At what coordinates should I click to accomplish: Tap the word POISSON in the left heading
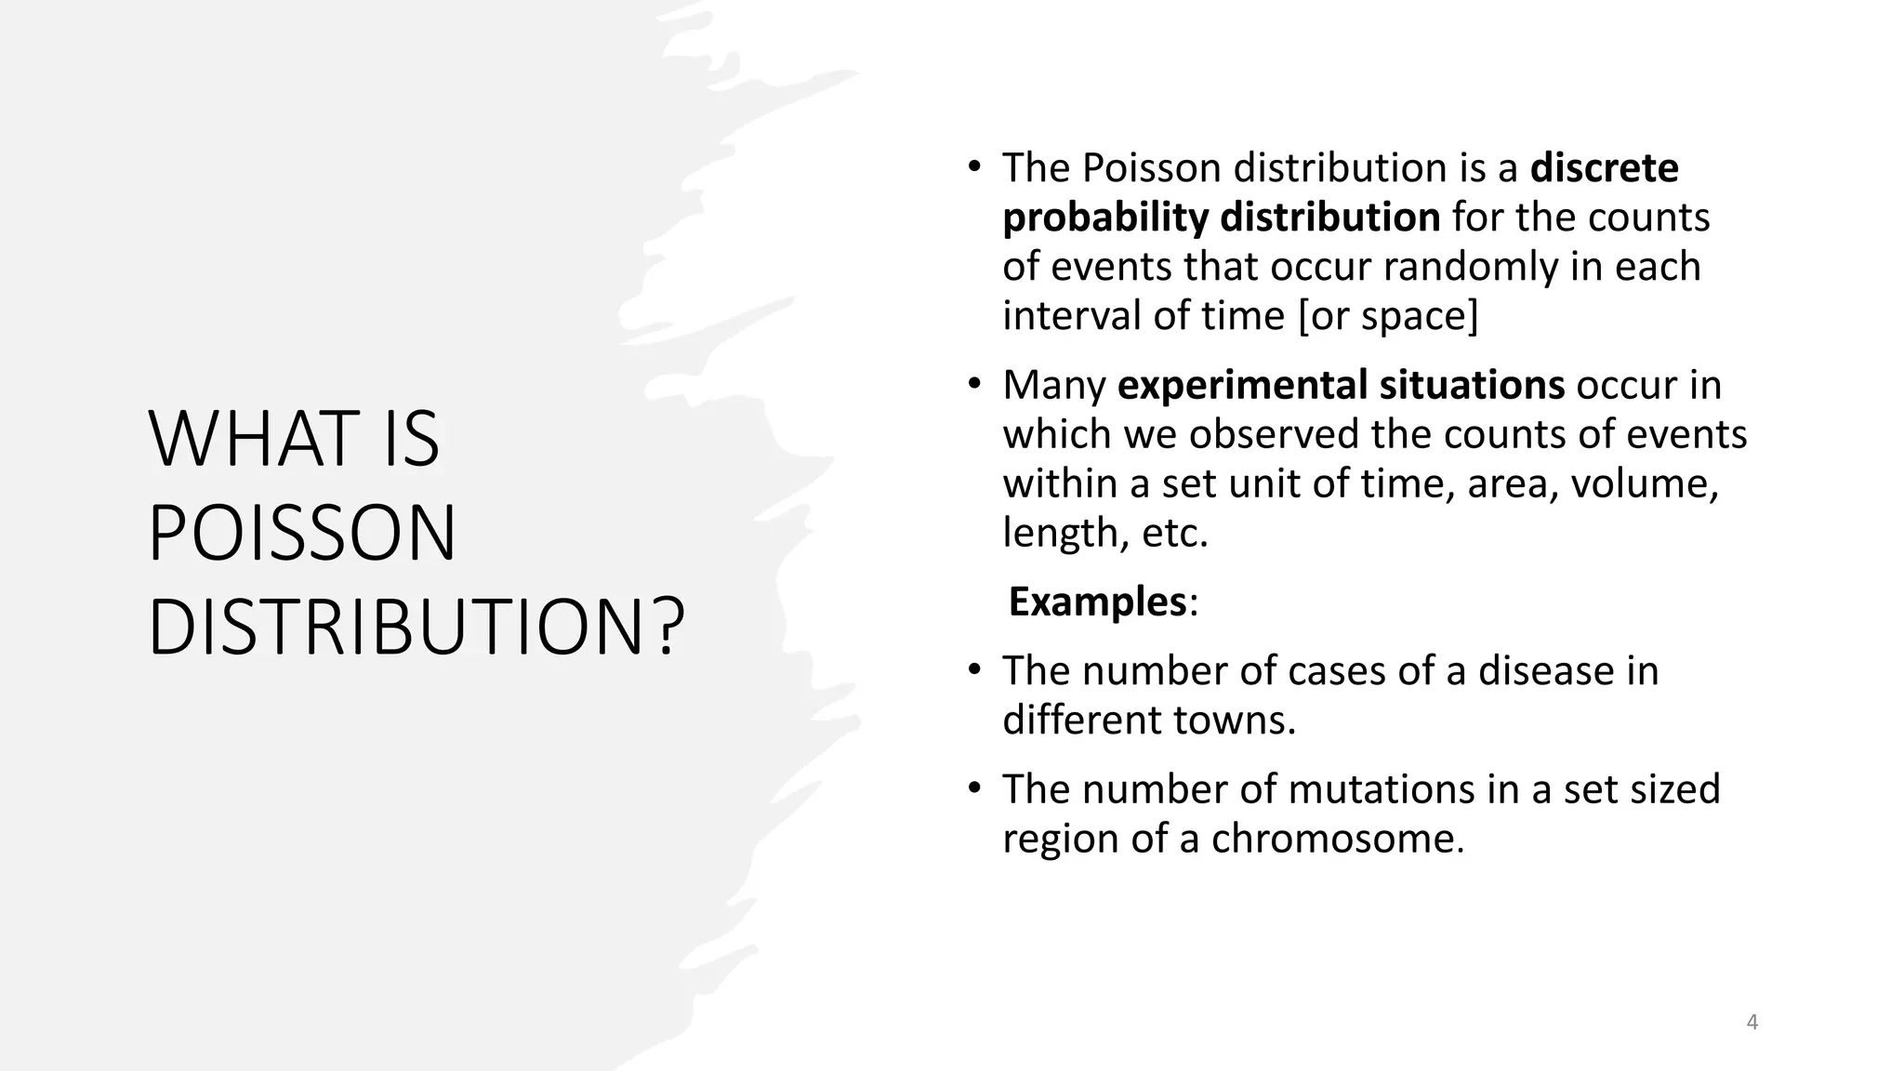[302, 534]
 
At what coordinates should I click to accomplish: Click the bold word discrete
[1604, 168]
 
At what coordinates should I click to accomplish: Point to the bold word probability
[1104, 218]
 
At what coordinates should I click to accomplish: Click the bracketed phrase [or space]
[1387, 316]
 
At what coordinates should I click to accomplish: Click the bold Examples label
[1097, 602]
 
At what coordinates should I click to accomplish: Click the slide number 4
[1752, 1023]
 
